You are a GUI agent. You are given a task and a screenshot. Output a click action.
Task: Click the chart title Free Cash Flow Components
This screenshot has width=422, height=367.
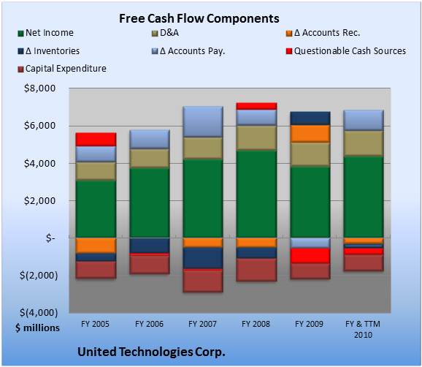[x=199, y=18]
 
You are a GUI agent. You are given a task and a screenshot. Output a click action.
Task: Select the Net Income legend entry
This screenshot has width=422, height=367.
[x=46, y=33]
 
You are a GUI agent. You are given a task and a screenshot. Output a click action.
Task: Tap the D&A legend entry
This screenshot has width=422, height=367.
[x=165, y=33]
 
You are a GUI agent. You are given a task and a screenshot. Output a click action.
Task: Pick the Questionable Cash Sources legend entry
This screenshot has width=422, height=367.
[x=346, y=51]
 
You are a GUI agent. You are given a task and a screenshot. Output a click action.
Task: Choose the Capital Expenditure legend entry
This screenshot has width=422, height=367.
[x=62, y=69]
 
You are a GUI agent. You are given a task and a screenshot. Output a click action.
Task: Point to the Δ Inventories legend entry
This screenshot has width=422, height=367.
[x=49, y=51]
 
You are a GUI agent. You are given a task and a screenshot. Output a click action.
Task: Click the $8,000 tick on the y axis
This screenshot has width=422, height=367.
[x=39, y=88]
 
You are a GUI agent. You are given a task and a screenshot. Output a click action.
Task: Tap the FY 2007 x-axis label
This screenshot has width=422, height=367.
[x=202, y=324]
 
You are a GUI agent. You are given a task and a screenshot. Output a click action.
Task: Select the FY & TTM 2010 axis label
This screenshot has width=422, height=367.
[x=363, y=329]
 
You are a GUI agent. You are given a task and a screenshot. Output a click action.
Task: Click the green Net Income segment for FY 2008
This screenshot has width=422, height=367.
[x=256, y=194]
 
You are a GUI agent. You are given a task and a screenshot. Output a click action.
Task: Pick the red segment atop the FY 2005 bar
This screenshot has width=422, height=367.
[x=96, y=140]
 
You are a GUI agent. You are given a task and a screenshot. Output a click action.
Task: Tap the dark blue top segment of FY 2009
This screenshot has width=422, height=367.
[x=310, y=118]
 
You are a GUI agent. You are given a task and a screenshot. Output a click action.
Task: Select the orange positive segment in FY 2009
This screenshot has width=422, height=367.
[x=310, y=134]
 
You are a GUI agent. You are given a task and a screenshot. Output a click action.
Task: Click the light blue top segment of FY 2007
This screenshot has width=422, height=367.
[x=203, y=122]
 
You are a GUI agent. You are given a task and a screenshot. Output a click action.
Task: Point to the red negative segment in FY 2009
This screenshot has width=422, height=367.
[x=310, y=256]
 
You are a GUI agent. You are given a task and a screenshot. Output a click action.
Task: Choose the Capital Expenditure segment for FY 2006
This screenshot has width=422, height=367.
[x=150, y=265]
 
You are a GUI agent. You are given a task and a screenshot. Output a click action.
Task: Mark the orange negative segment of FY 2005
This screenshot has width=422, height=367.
[x=96, y=246]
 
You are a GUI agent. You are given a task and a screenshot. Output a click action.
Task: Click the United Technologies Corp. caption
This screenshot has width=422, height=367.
[x=151, y=352]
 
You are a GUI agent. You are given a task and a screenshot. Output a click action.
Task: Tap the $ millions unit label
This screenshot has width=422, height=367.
[x=37, y=328]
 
